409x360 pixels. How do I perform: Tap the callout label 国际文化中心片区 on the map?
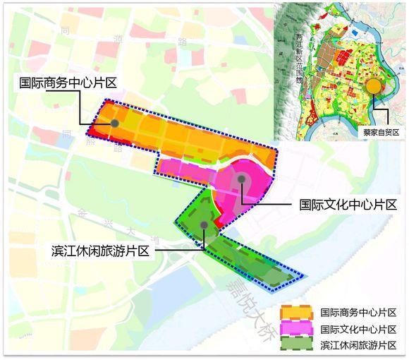click(348, 205)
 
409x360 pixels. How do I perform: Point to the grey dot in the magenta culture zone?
click(242, 179)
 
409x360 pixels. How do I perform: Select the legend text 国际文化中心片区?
click(358, 328)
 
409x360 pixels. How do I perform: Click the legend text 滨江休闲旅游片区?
click(358, 344)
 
